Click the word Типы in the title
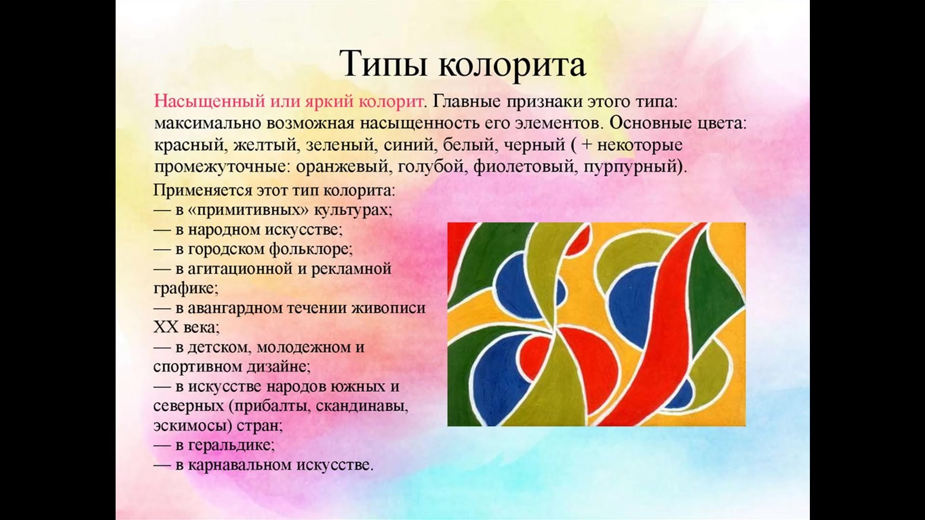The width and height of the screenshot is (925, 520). [x=383, y=64]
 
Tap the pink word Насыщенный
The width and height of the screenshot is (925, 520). [x=210, y=102]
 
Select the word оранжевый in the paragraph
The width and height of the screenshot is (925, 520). [x=342, y=167]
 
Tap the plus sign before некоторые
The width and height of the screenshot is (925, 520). [x=586, y=144]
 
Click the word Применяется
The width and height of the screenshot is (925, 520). [x=203, y=190]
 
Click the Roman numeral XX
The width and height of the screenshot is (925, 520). [x=166, y=327]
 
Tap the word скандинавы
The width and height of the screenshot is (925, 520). [x=362, y=406]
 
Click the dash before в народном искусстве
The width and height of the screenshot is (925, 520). [x=162, y=231]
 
